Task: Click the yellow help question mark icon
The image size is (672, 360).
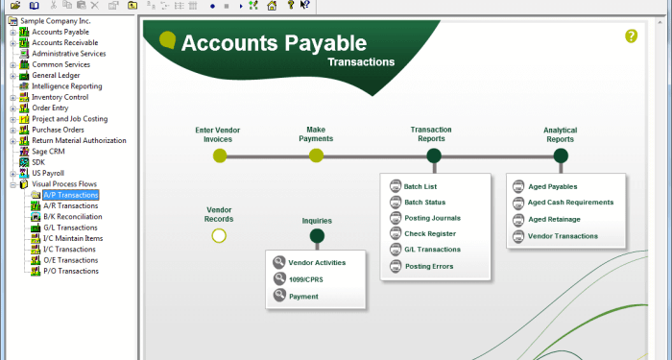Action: [631, 36]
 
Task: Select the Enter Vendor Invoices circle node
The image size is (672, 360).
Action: [220, 156]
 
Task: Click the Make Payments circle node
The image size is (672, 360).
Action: [316, 156]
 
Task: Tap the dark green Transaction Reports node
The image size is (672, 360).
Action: [434, 156]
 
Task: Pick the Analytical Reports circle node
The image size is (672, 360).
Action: [561, 156]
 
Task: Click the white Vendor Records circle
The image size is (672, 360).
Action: [219, 235]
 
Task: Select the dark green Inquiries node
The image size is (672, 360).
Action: [317, 235]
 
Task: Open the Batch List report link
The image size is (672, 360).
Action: [420, 186]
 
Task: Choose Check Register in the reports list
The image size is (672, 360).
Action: [429, 233]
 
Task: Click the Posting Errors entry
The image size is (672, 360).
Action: [429, 265]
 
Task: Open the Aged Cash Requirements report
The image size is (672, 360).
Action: [570, 203]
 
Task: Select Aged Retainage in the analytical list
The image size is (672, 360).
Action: [554, 219]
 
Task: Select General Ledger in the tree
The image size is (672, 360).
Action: [56, 75]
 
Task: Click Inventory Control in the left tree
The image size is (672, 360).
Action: [60, 97]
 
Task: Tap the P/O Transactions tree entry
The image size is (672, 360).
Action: [70, 271]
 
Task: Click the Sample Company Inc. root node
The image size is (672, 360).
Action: [48, 20]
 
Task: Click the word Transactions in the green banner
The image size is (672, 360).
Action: [361, 61]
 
